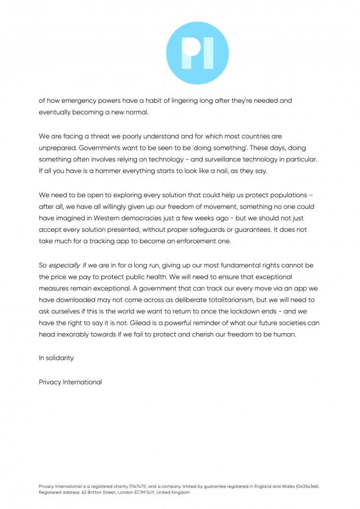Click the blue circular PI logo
coord(198,53)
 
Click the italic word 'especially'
coord(64,265)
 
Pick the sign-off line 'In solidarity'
coord(56,358)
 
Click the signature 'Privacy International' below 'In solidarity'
coord(70,382)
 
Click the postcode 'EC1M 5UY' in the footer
coord(140,492)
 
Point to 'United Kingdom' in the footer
coord(173,492)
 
